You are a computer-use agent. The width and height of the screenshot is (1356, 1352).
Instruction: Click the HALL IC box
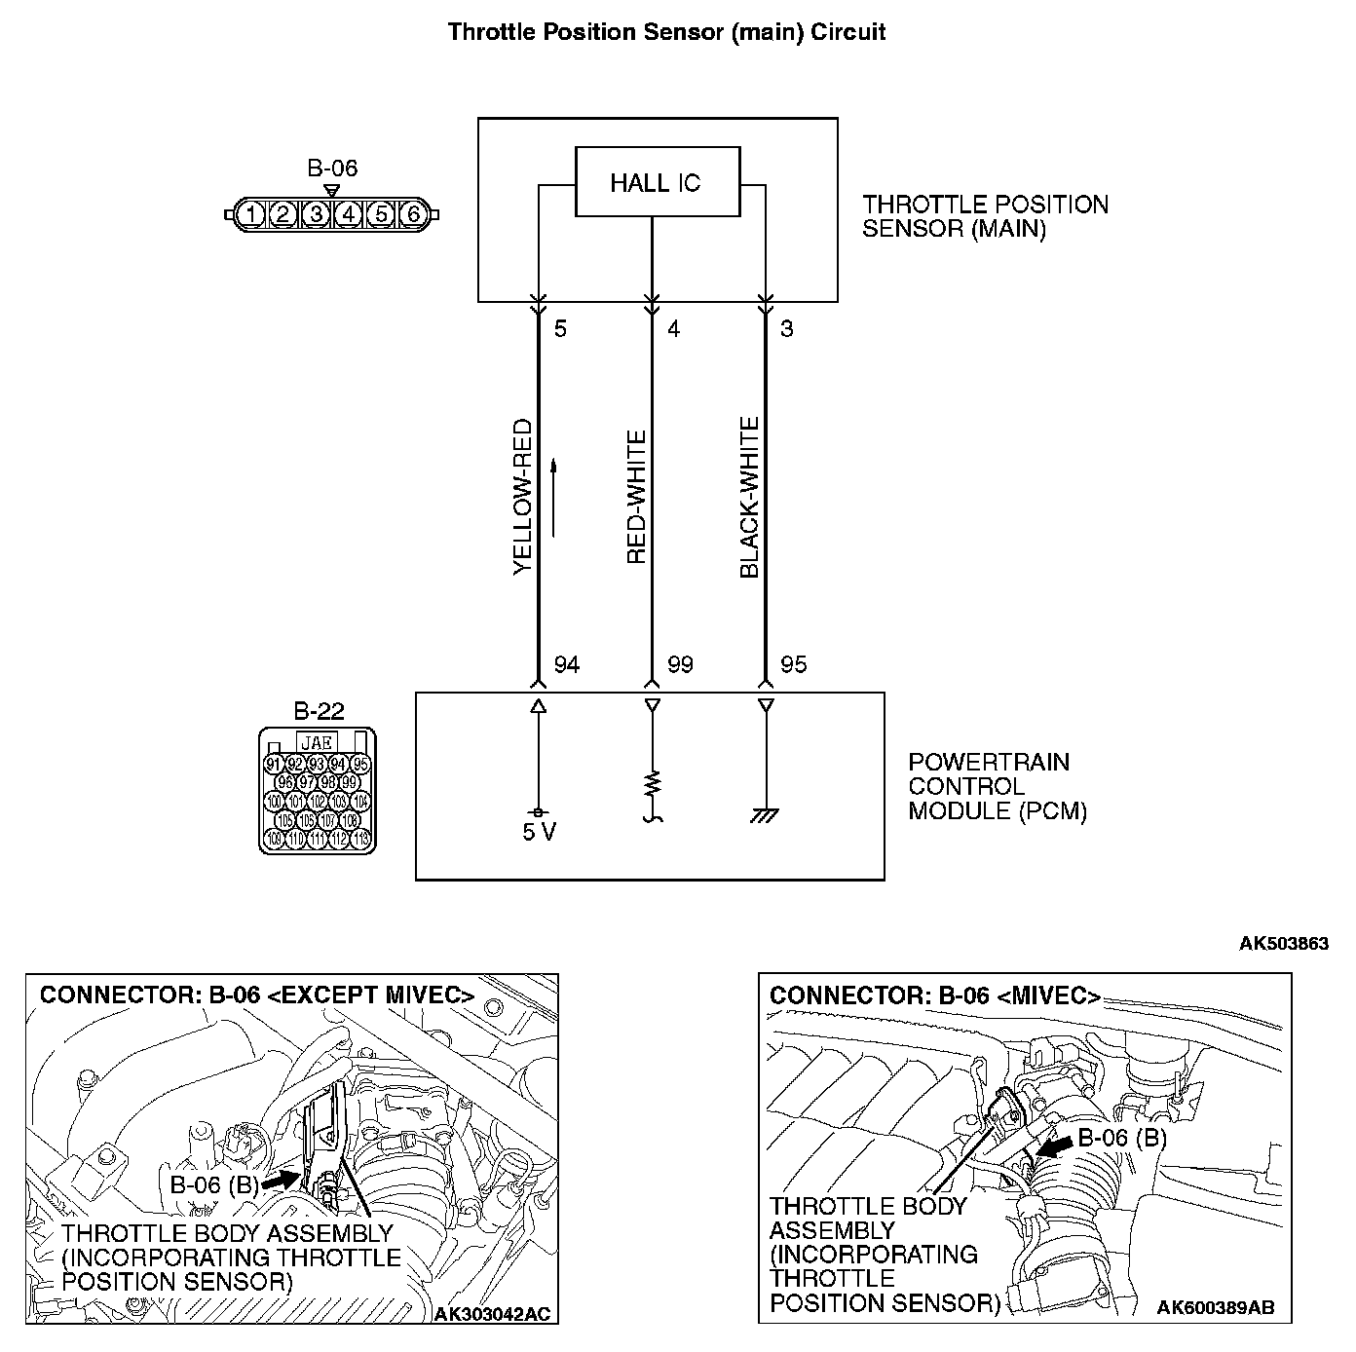(x=657, y=182)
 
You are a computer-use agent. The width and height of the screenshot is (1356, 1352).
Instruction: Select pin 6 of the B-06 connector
(x=413, y=213)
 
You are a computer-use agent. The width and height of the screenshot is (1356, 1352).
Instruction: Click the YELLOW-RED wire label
(x=523, y=497)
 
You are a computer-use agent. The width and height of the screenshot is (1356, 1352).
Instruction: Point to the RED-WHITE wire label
(x=637, y=497)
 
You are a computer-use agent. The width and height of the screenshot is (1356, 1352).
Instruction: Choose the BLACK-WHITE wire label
(x=749, y=497)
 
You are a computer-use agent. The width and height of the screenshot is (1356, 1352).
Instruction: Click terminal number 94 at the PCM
(x=566, y=665)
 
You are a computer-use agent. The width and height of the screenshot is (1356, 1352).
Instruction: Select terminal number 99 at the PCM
(x=680, y=665)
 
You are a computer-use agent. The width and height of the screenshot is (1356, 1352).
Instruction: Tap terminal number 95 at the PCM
(x=793, y=665)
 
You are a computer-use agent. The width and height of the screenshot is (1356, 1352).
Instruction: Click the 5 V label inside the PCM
(x=539, y=833)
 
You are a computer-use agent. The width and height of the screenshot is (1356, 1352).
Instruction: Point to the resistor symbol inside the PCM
(x=653, y=783)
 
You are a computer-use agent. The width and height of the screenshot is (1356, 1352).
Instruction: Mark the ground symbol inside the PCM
(x=765, y=814)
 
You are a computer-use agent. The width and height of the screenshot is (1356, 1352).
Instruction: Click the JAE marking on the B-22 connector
(x=317, y=742)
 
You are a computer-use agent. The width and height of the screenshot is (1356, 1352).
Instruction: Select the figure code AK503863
(x=1283, y=943)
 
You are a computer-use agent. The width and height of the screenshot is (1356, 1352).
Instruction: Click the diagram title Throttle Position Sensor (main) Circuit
(x=666, y=32)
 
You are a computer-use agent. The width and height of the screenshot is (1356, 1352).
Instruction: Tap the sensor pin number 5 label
(x=560, y=329)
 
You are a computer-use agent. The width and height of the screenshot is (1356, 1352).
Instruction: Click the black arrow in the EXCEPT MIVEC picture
(x=281, y=1179)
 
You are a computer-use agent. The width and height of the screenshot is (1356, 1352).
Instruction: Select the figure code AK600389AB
(x=1216, y=1307)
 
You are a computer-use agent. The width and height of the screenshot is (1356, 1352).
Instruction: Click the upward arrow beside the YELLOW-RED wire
(x=553, y=497)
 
